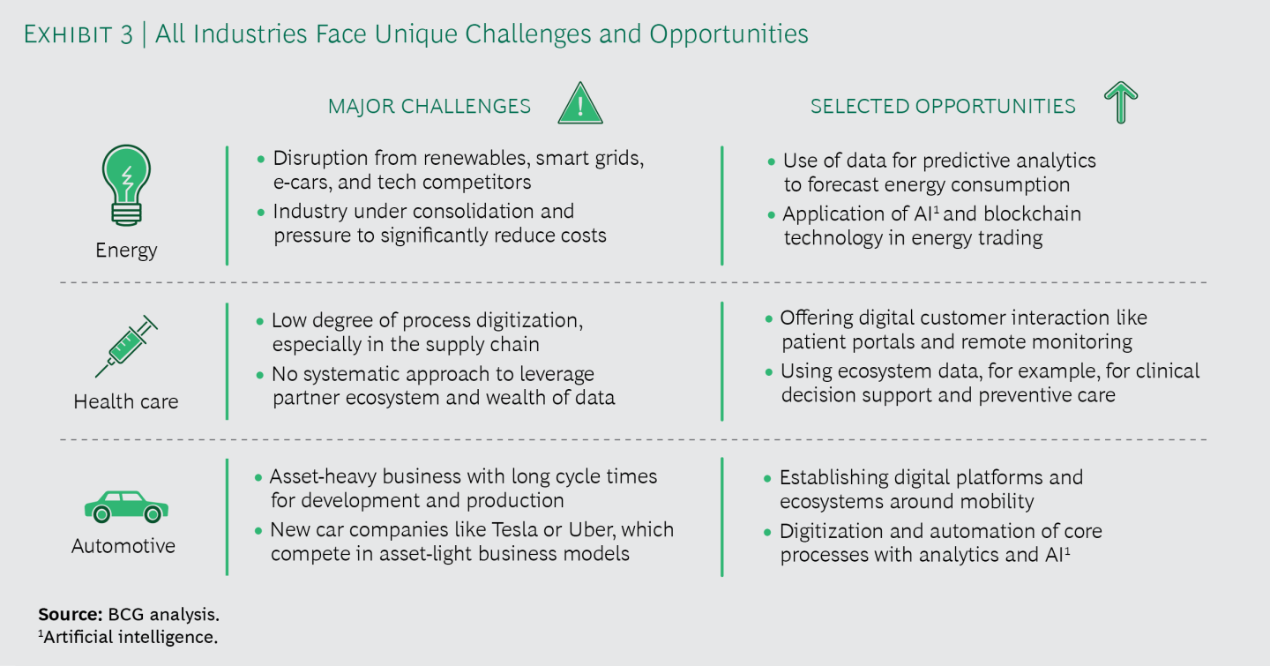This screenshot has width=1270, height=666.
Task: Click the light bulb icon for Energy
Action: (x=126, y=185)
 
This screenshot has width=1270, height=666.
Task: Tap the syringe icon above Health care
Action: (x=126, y=346)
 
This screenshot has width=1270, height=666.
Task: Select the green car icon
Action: (x=126, y=506)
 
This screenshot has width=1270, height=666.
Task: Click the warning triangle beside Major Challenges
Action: (x=580, y=103)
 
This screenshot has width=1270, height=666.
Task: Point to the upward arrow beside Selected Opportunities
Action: (x=1121, y=102)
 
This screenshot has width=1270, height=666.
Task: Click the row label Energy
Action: (x=126, y=251)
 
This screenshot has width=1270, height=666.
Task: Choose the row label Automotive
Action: (x=123, y=546)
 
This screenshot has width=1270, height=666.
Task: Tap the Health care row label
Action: (x=126, y=401)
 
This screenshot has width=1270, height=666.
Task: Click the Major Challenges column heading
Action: (x=430, y=106)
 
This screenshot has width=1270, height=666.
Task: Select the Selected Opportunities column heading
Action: (x=943, y=106)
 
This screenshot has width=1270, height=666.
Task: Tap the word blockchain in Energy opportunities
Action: (x=1032, y=213)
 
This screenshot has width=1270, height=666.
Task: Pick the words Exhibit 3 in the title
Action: (x=78, y=34)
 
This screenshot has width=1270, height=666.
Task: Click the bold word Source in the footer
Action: (x=71, y=614)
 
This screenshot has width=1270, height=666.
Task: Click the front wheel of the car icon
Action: (x=101, y=514)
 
